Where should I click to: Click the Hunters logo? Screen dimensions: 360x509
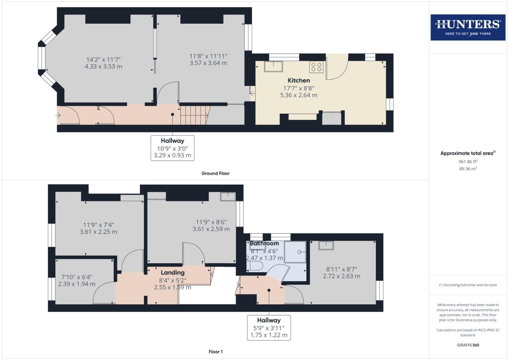(x=468, y=27)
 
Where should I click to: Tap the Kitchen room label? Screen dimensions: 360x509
(x=299, y=80)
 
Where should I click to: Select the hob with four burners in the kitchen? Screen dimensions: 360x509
(x=316, y=67)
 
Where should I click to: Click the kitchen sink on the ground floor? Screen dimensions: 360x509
(x=273, y=66)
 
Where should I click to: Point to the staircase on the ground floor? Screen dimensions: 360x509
(x=193, y=115)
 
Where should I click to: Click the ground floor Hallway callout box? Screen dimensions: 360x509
(x=172, y=148)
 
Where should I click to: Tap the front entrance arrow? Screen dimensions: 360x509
(x=58, y=115)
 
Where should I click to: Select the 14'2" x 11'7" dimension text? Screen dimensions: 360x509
(x=103, y=60)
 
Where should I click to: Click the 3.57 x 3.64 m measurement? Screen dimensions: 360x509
(x=208, y=63)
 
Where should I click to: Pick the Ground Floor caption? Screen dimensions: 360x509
(x=215, y=173)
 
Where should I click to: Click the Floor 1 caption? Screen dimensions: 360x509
(x=215, y=352)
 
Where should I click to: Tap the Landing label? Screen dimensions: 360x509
(x=172, y=273)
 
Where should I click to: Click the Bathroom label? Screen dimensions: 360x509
(x=264, y=243)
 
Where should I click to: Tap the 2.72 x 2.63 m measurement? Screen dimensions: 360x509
(x=341, y=276)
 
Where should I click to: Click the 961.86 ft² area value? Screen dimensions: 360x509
(x=468, y=162)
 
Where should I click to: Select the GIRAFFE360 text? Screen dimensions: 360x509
(x=468, y=345)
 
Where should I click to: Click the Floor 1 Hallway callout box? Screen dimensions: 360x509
(x=269, y=328)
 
